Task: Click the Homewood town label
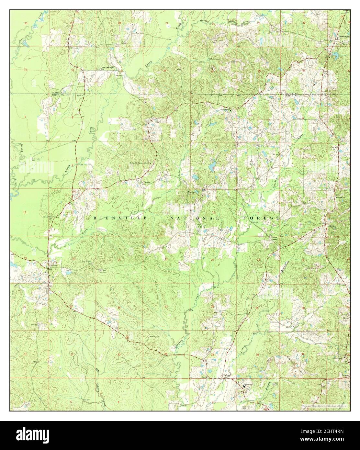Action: tap(343, 36)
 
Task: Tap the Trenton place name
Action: tap(53, 265)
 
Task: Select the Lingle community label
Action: tap(147, 182)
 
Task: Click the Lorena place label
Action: tap(330, 226)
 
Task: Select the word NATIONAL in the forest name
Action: tap(195, 219)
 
